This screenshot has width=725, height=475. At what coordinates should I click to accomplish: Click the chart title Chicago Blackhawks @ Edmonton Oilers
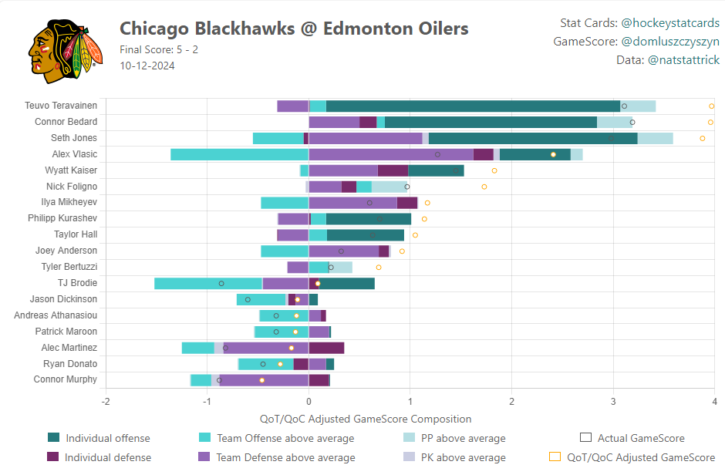tap(294, 29)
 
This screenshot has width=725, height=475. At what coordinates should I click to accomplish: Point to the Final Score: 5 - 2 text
tap(159, 49)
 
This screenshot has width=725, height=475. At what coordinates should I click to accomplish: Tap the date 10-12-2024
tap(147, 66)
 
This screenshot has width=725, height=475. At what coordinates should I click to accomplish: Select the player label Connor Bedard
tap(66, 122)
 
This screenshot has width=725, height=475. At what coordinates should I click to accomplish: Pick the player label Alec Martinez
tap(69, 348)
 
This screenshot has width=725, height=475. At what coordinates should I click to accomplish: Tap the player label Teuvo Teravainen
tap(61, 106)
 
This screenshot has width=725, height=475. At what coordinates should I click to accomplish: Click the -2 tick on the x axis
tap(106, 401)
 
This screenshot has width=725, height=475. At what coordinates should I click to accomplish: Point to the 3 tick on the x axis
tap(613, 401)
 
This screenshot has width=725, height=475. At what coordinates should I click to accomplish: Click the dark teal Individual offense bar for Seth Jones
tap(533, 138)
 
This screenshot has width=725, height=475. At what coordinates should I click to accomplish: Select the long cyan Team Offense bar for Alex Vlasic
tap(239, 154)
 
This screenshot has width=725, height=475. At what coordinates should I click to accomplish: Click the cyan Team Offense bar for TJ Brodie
tap(208, 284)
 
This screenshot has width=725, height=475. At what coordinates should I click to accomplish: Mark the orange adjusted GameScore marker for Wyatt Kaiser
tap(494, 170)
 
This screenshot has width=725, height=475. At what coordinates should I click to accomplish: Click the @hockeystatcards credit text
tap(670, 23)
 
